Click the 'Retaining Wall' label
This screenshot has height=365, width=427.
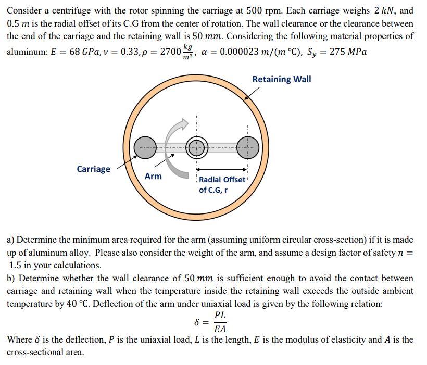[x=281, y=79]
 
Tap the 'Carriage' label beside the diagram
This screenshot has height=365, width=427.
[x=93, y=169]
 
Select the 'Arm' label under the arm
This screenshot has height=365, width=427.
[x=153, y=177]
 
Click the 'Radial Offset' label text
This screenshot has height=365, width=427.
[x=222, y=180]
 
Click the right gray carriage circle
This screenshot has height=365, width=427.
[x=248, y=148]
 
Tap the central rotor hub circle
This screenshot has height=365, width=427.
[x=196, y=148]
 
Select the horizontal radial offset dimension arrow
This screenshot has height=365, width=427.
[x=222, y=169]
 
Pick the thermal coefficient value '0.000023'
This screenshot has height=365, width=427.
[x=243, y=53]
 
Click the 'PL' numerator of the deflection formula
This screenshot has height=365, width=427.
[x=220, y=316]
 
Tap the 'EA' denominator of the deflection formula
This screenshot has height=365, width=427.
[x=220, y=329]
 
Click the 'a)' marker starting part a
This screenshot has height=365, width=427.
[x=10, y=240]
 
